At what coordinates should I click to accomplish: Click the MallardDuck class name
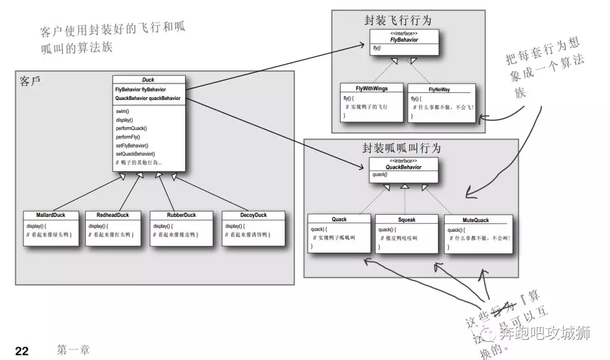(x=50, y=215)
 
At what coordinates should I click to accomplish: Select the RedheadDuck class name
(x=112, y=215)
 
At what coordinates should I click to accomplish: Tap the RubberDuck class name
(x=181, y=215)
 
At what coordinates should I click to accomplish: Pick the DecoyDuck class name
(x=252, y=215)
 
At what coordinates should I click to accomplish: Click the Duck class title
(x=148, y=80)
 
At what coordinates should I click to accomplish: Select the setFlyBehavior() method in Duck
(x=132, y=145)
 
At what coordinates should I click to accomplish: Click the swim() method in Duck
(x=123, y=111)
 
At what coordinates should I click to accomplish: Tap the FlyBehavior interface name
(x=404, y=40)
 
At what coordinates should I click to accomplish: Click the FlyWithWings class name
(x=372, y=88)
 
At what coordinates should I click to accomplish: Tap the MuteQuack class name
(x=476, y=220)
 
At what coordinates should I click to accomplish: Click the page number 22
(x=21, y=351)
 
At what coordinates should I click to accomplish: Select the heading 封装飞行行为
(x=398, y=21)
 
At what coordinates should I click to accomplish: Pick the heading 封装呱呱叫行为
(x=402, y=148)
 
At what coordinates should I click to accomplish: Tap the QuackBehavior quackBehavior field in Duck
(x=147, y=98)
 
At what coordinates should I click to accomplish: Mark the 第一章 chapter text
(x=73, y=350)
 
